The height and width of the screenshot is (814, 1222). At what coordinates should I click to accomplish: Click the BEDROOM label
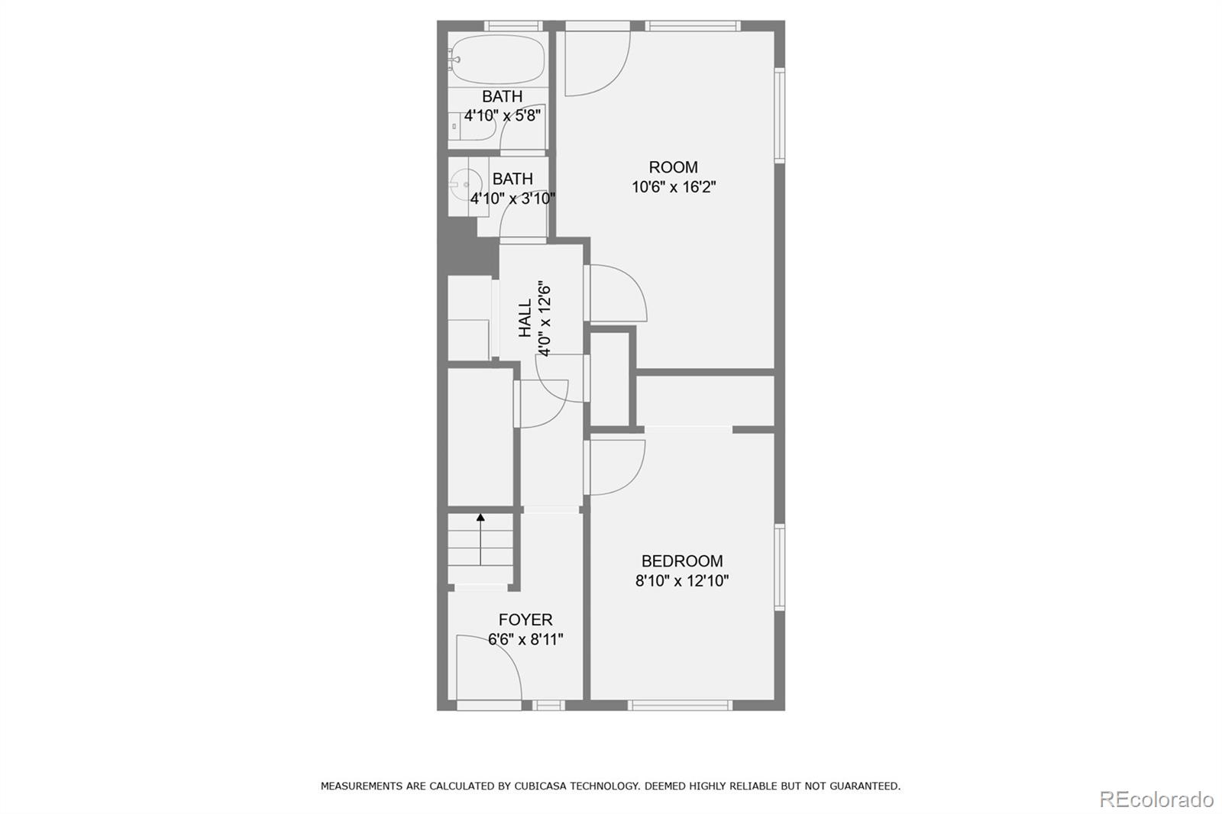[x=682, y=560]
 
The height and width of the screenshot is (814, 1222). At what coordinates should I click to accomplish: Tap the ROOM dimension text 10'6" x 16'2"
[x=674, y=187]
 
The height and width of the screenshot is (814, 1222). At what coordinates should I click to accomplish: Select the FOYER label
[x=525, y=619]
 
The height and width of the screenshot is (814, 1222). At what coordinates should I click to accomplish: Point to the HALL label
[x=525, y=318]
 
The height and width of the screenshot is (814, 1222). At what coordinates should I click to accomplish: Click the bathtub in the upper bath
[x=496, y=59]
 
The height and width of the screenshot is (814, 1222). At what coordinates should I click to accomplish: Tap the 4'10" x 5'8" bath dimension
[x=503, y=116]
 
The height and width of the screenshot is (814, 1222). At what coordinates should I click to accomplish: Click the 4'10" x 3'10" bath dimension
[x=512, y=199]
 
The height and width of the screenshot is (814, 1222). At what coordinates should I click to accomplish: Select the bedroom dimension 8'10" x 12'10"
[x=682, y=580]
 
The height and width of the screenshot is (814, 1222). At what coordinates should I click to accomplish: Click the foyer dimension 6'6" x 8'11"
[x=525, y=639]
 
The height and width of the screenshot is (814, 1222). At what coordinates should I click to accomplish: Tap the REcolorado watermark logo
[x=1156, y=799]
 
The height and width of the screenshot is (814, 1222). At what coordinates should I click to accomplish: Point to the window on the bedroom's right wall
[x=780, y=567]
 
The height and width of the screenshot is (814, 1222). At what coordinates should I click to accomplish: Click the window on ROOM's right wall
[x=780, y=115]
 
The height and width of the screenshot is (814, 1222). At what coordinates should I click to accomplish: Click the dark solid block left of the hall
[x=466, y=249]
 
